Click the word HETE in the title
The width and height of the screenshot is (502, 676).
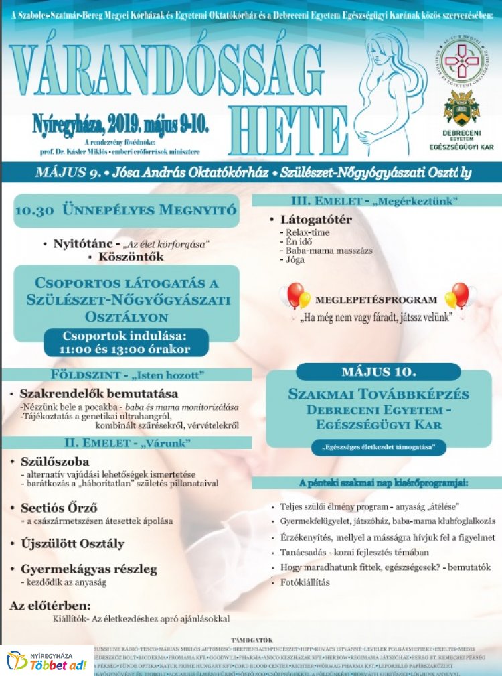click(288, 130)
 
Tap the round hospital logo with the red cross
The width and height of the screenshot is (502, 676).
click(461, 60)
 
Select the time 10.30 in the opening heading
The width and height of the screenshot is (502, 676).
click(32, 210)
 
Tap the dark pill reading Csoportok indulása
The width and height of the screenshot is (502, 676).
click(126, 342)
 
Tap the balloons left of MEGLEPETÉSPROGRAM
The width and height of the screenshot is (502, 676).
click(296, 295)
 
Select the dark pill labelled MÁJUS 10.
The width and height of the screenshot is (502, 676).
click(378, 372)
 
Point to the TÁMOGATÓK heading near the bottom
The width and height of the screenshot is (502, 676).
click(252, 640)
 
